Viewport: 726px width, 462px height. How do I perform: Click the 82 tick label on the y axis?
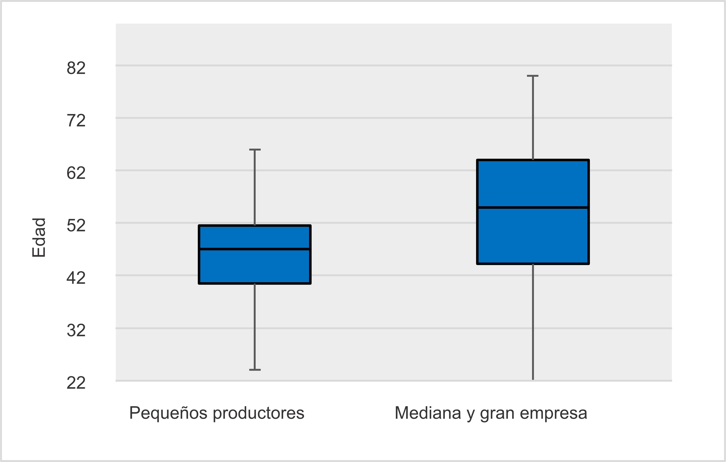pos(76,68)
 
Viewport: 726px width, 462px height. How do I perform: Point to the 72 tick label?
pos(76,121)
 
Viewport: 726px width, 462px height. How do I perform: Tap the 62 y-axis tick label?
pos(76,173)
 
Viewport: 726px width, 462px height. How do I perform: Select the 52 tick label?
pos(76,226)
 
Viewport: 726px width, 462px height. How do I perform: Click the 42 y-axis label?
pos(76,278)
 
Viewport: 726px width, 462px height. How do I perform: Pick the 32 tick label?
pos(76,331)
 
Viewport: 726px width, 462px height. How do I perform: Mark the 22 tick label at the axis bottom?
pos(76,383)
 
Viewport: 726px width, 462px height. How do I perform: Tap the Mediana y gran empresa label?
pos(491,413)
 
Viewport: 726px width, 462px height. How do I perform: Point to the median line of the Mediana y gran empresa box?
pos(533,207)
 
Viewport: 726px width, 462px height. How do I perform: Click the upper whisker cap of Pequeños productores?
pos(255,150)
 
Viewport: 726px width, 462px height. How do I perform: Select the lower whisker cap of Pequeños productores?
pos(255,370)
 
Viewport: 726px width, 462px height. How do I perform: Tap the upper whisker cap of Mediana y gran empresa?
pos(533,76)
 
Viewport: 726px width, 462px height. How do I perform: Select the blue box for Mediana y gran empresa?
pos(533,236)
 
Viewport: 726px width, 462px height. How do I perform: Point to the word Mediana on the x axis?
pos(428,413)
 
